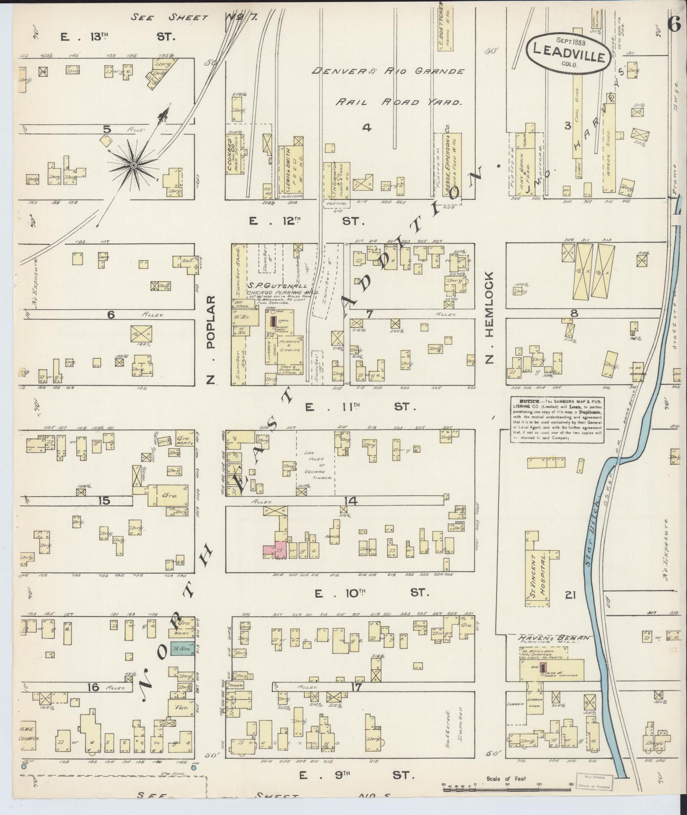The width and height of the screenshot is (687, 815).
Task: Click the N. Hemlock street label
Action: (x=489, y=318)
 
